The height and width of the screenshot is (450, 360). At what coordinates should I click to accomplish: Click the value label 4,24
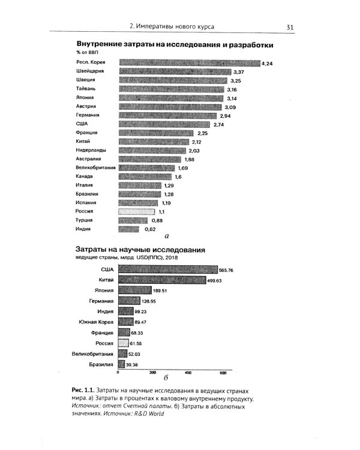[x=268, y=63]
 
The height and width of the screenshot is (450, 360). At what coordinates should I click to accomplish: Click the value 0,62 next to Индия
[x=149, y=229]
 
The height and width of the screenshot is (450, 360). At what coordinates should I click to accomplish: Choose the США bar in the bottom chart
[x=167, y=270]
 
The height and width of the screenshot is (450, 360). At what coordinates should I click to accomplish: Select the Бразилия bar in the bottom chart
[x=122, y=364]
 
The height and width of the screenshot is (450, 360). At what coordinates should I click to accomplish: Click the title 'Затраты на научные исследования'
[x=140, y=249]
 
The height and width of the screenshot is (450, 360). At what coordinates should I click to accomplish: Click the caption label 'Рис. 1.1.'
[x=83, y=391]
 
